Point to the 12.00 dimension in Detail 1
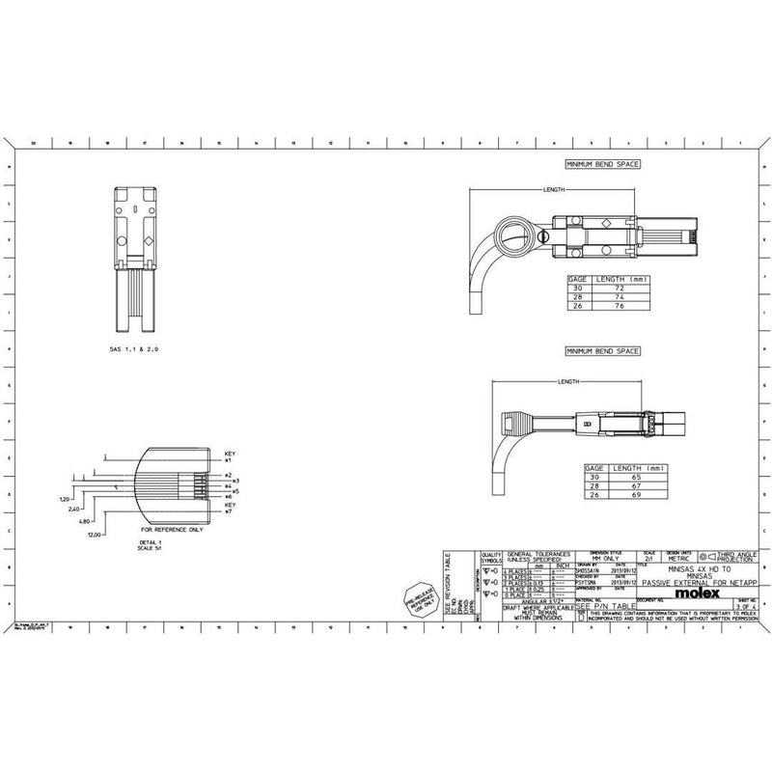95,534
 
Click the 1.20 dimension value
64,500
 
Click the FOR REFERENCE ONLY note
173,530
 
